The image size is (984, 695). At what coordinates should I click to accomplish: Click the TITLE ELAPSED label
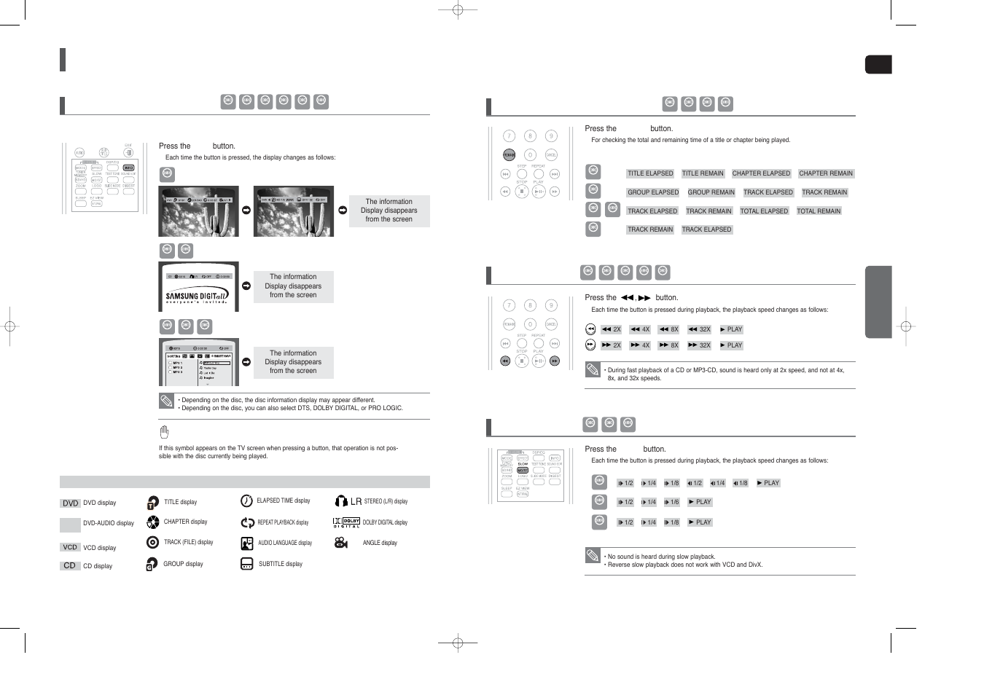[650, 173]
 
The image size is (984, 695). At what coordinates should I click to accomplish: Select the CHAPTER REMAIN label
[825, 173]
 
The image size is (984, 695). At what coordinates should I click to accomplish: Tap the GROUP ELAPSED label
[653, 192]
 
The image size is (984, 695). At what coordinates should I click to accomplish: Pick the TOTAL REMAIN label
[819, 211]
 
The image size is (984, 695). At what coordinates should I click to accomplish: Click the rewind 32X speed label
[699, 329]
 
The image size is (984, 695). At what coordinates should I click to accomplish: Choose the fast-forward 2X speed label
[611, 345]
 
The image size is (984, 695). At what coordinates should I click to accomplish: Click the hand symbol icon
[164, 432]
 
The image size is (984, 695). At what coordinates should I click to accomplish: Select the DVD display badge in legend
[70, 503]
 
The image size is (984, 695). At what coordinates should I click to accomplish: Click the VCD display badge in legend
[70, 547]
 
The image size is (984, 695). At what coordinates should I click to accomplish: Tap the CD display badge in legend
[70, 565]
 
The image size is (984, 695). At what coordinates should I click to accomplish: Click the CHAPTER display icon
[152, 522]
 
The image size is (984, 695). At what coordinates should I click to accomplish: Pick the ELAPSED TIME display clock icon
[246, 501]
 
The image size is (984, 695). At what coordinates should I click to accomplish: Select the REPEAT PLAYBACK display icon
[247, 522]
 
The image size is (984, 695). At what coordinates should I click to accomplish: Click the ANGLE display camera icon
[340, 543]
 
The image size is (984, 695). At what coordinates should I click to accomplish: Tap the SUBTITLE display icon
[246, 564]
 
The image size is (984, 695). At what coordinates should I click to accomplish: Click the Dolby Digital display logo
[346, 522]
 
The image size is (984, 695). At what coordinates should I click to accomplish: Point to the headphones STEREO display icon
[341, 501]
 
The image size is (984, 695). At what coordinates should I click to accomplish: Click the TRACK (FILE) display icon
[152, 543]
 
